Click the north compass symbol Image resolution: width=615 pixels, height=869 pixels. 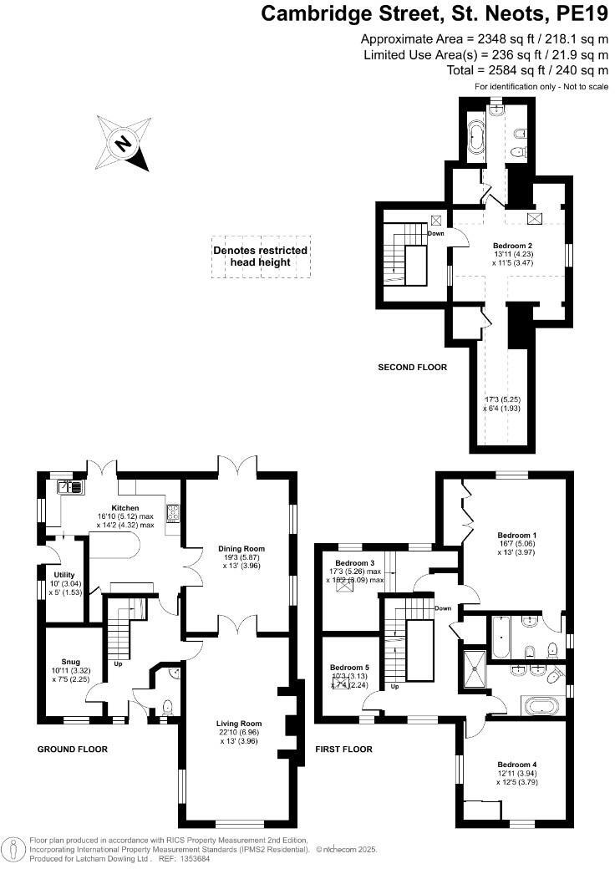coord(125,143)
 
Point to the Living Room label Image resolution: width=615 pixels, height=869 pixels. coord(239,724)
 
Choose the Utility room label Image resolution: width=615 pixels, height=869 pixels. coord(64,575)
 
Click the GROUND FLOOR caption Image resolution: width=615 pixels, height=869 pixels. coord(73,750)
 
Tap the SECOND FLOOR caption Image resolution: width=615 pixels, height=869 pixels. coord(413,367)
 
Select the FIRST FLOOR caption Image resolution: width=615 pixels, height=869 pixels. coord(343,750)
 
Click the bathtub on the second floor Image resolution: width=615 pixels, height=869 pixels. coord(477,137)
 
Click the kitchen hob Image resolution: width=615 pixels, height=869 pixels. coord(175,513)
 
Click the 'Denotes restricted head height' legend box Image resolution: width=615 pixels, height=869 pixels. coord(260,256)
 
